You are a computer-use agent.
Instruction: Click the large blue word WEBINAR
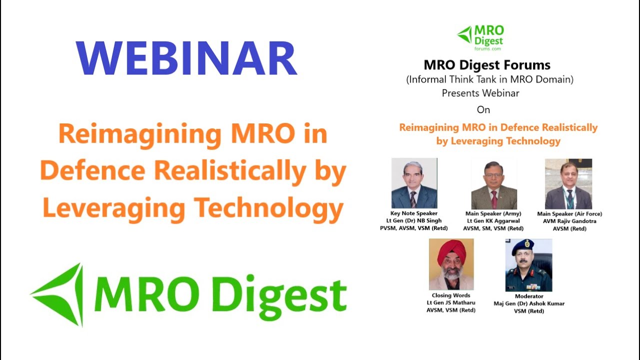coord(186,58)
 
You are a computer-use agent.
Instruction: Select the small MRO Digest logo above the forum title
coord(480,37)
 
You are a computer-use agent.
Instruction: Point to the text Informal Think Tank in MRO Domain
coord(489,79)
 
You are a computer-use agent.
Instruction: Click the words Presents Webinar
coord(480,93)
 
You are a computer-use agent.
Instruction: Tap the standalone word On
coord(483,109)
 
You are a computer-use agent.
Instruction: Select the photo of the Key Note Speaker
coord(414,183)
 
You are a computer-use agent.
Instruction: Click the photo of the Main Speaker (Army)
coord(494,184)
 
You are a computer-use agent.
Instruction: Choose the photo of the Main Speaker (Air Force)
coord(568,184)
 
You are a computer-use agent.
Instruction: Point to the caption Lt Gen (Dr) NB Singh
coord(413,221)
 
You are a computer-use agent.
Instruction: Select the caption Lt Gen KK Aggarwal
coord(493,221)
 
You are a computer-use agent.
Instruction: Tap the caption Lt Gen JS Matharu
coord(450,302)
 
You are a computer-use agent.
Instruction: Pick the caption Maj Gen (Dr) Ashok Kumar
coord(529,303)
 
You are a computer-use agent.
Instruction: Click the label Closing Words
coord(451,295)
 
